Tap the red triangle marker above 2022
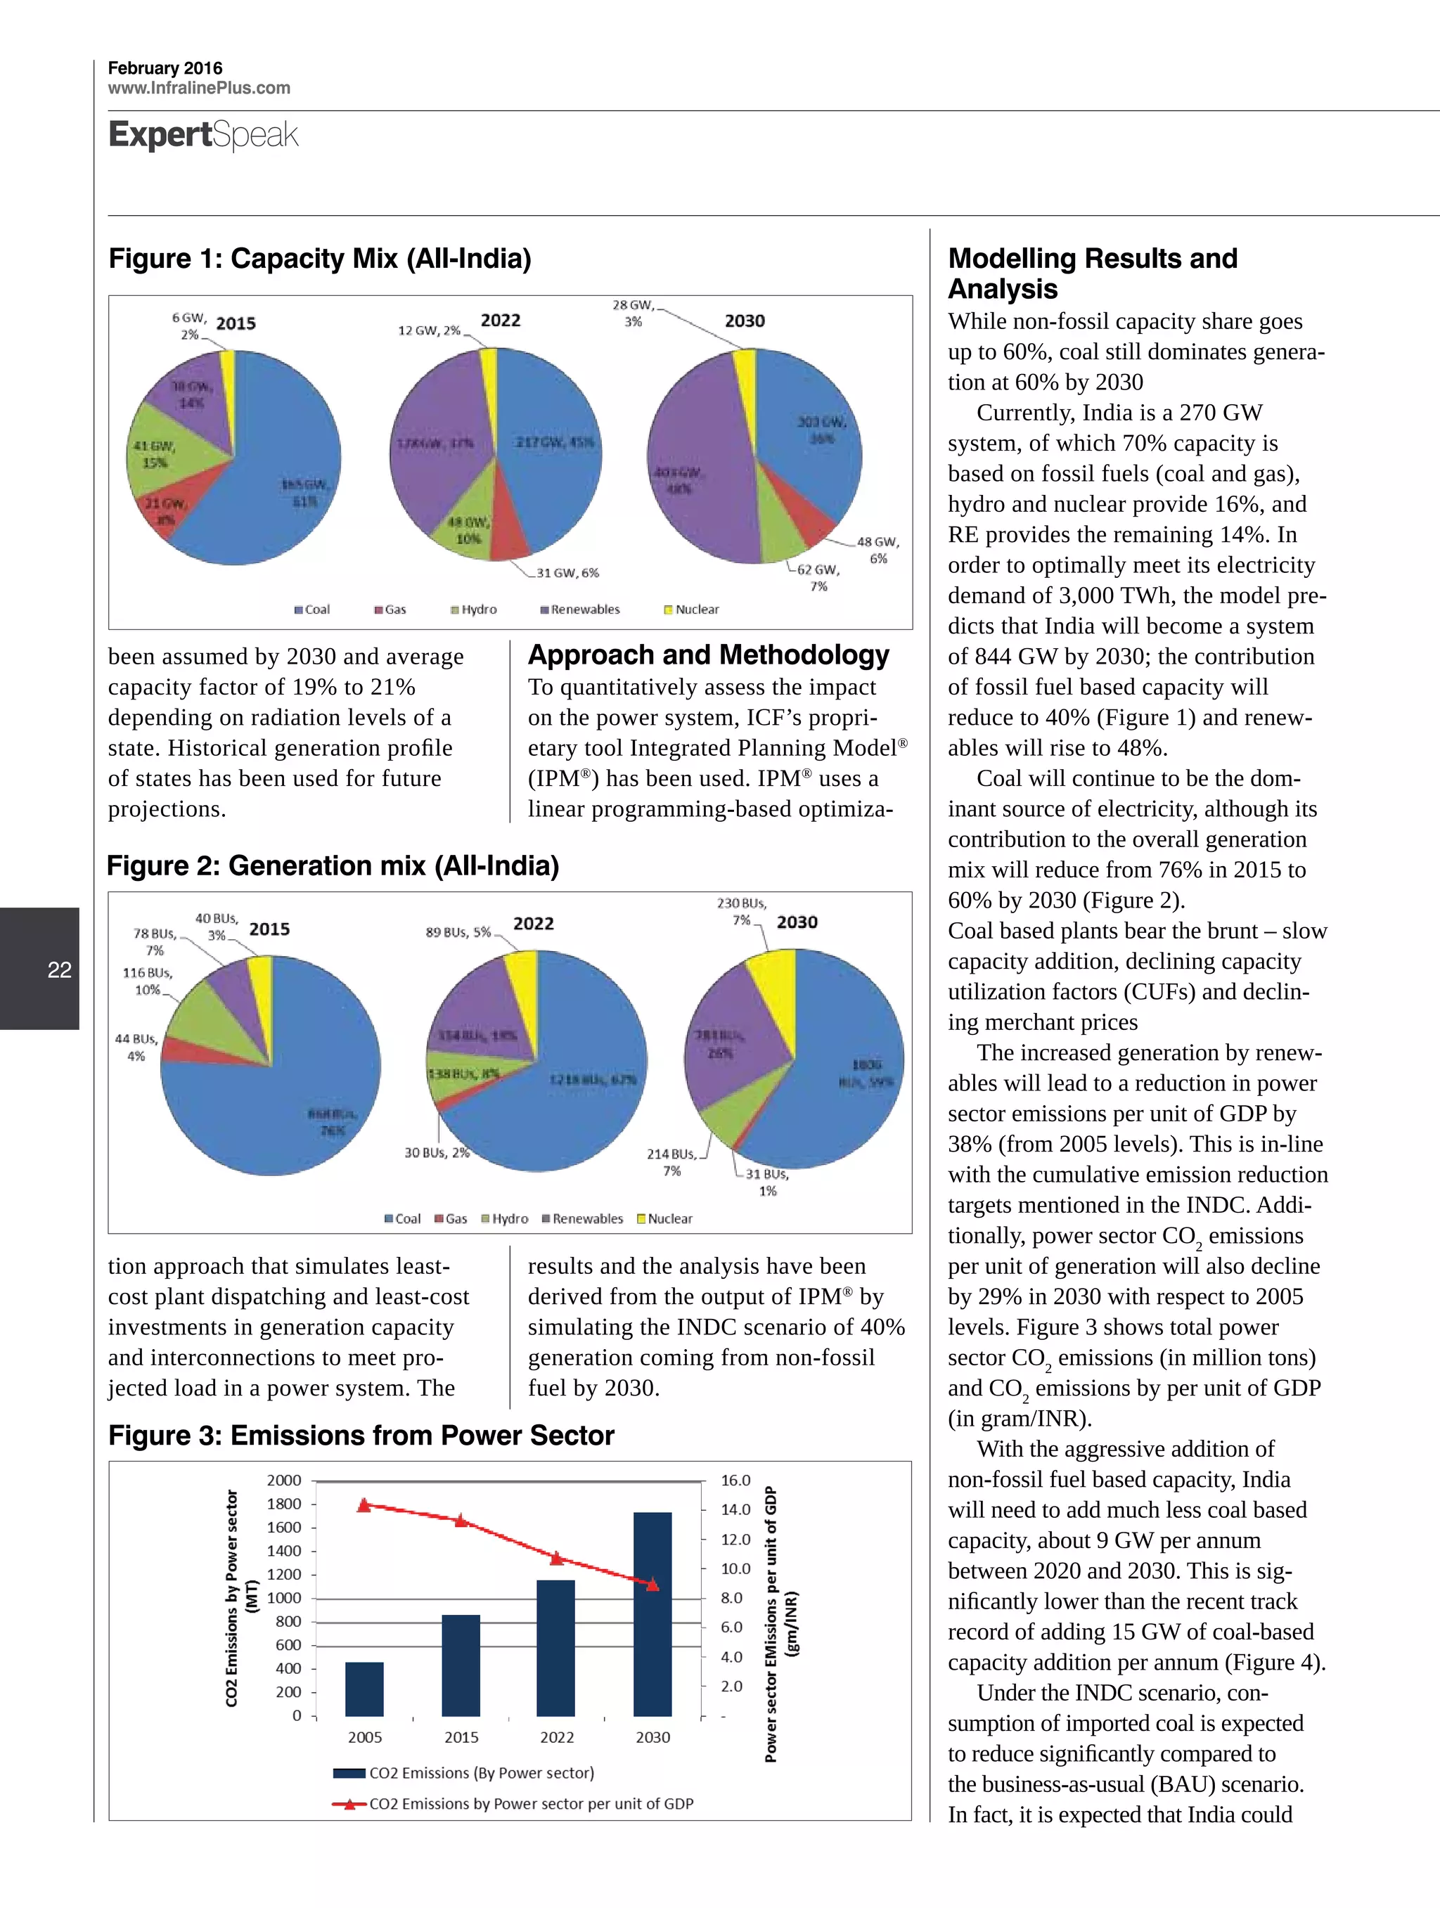click(556, 1558)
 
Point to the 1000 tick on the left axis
click(284, 1597)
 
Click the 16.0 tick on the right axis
click(736, 1480)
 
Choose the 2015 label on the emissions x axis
click(461, 1737)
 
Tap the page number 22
click(58, 969)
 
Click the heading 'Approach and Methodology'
click(707, 655)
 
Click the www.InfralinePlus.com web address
click(198, 88)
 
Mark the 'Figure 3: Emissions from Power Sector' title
click(361, 1436)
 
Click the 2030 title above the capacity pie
click(745, 321)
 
